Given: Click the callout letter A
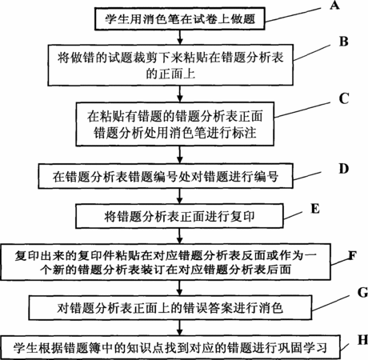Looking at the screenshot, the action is [334, 5].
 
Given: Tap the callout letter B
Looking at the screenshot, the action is [344, 42].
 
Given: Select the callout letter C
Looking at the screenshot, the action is [344, 98].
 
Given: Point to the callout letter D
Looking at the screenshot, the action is [344, 169].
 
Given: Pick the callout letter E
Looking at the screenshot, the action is [315, 209].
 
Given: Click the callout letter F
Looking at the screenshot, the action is [352, 255].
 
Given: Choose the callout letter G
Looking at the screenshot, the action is [362, 293].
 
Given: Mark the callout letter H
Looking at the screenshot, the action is [362, 340].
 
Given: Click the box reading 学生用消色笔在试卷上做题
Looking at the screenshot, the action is [180, 18].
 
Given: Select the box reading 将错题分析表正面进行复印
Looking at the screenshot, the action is [179, 216].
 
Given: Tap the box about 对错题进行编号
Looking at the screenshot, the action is [166, 177].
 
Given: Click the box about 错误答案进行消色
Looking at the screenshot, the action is [170, 307].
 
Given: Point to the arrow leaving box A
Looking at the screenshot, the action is [180, 37].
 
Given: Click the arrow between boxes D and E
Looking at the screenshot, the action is [180, 196].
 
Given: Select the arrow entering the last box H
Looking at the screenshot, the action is [180, 327].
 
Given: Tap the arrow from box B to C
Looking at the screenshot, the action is [180, 94].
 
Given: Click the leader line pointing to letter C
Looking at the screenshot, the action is [302, 110].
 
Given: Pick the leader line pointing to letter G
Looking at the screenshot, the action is [330, 303].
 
